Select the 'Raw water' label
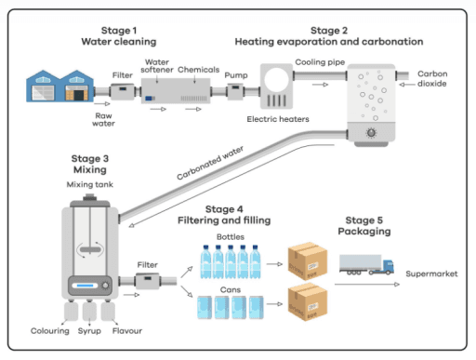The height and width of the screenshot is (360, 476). coord(103,118)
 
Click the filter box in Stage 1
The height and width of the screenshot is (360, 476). coord(122,92)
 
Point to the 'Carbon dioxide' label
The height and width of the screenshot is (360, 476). coord(433,78)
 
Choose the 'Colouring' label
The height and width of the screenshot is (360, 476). coord(49,328)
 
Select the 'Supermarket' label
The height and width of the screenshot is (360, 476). coord(430,273)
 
